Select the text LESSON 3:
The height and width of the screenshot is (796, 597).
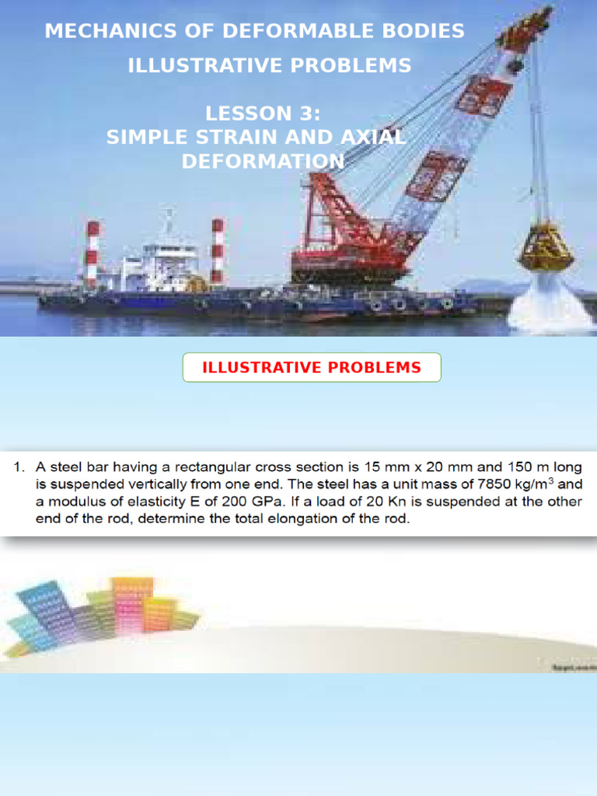(263, 113)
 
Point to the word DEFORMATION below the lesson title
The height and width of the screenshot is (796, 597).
(263, 162)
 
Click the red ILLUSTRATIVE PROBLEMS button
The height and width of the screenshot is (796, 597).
(312, 368)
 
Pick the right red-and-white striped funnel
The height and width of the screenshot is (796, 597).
(218, 250)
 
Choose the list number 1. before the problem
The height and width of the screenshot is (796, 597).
(19, 467)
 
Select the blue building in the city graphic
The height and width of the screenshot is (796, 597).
(43, 610)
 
